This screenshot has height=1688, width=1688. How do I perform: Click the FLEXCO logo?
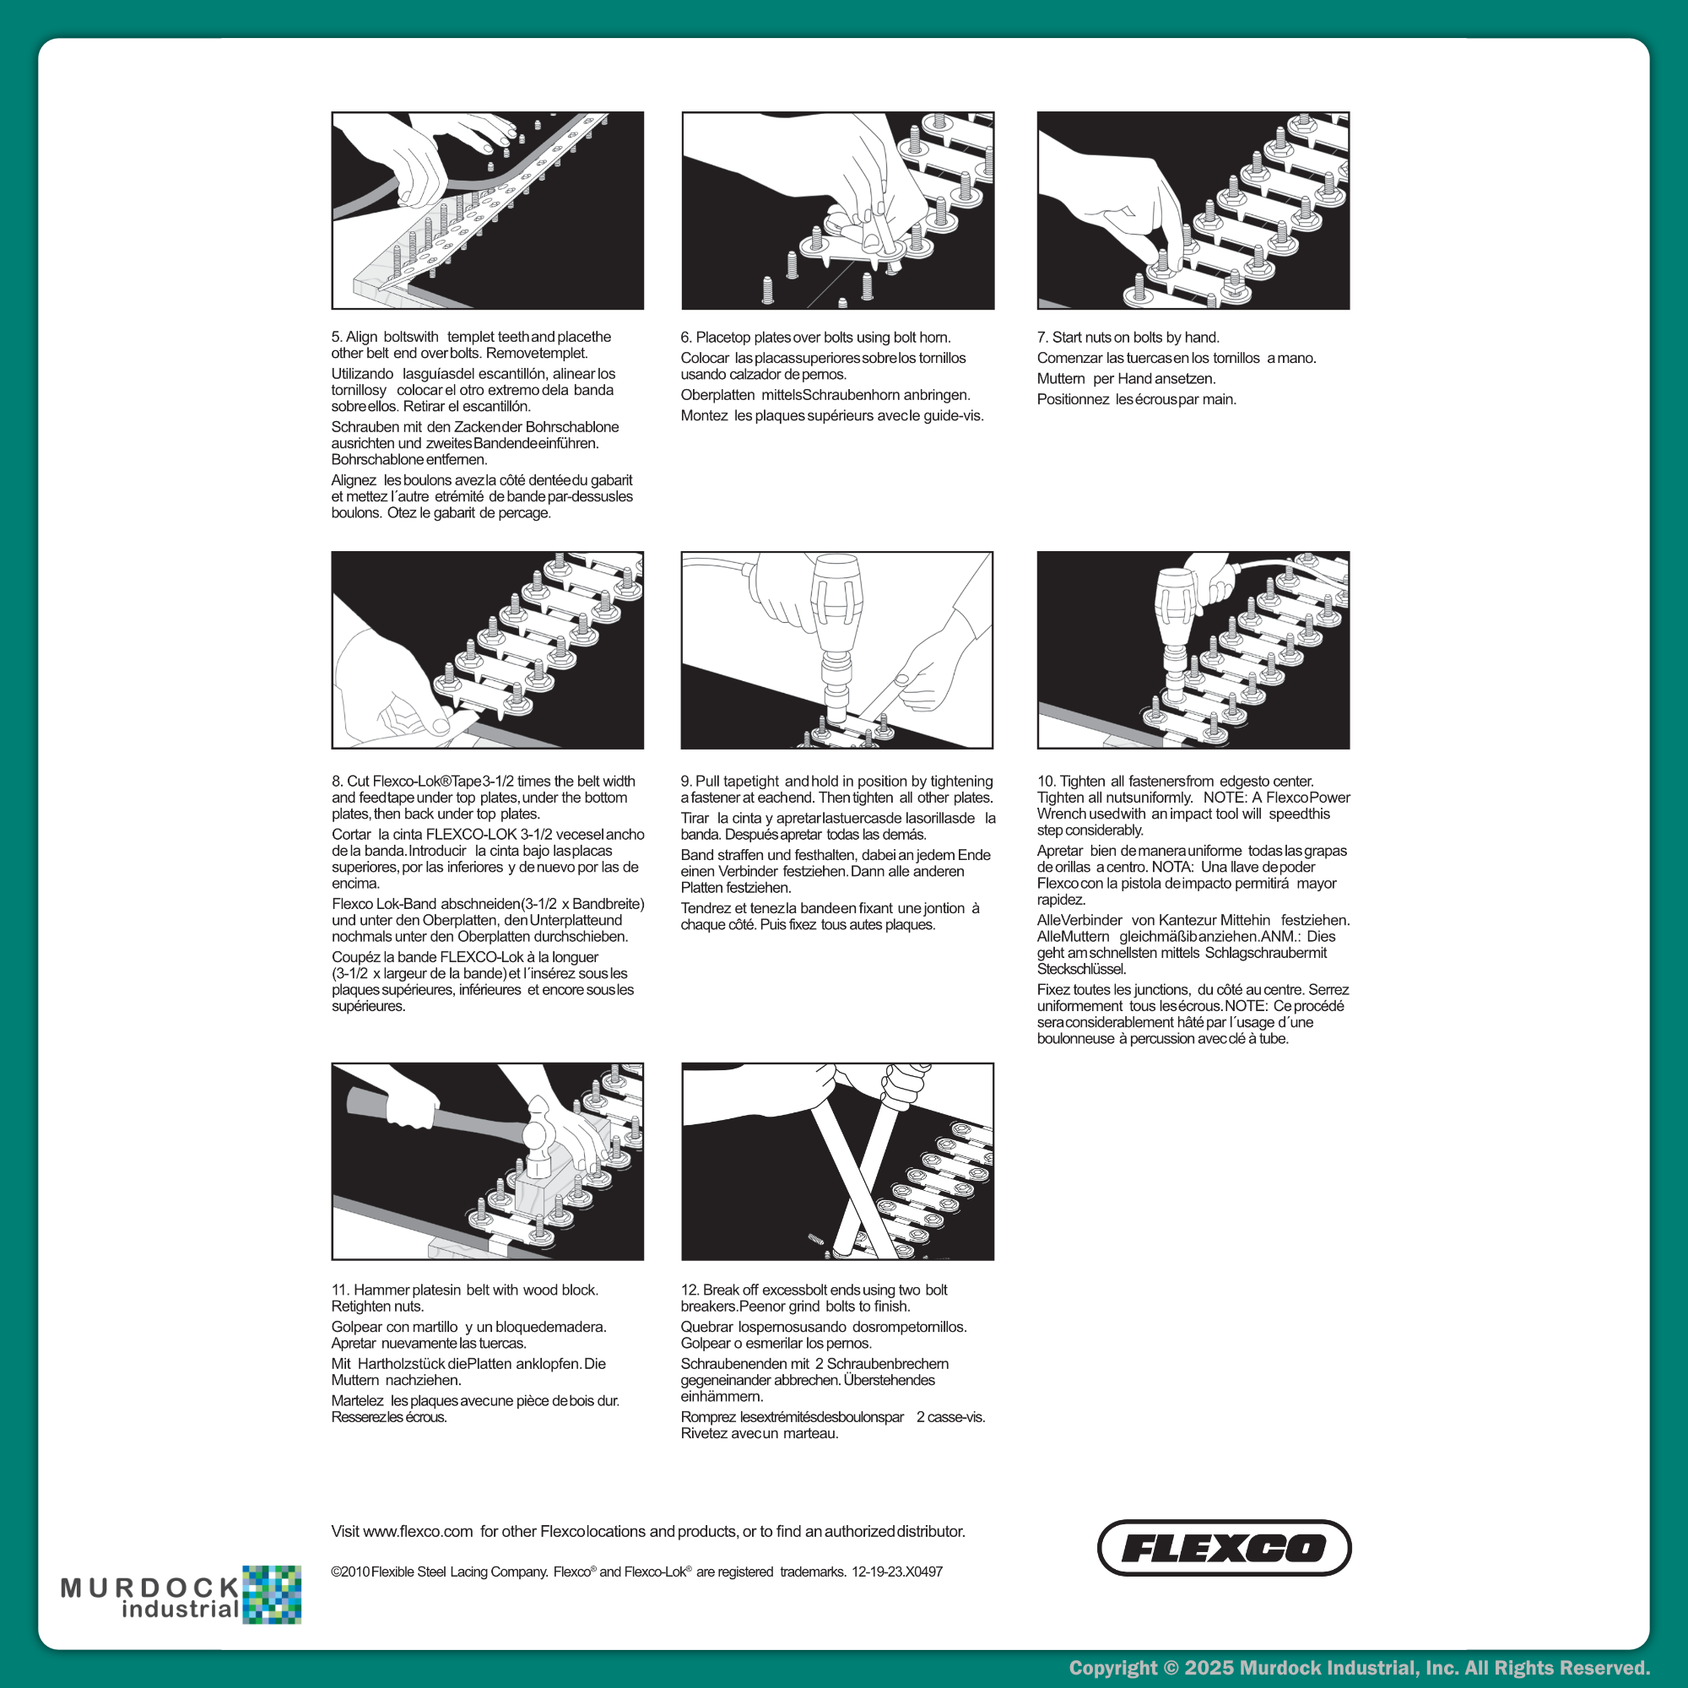[x=1223, y=1547]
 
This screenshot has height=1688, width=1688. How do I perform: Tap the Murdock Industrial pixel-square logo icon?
[x=272, y=1594]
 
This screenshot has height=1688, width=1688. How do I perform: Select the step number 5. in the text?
[x=337, y=338]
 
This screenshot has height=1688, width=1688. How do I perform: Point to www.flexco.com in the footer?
[x=418, y=1532]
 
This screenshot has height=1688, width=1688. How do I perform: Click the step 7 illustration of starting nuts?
[x=1193, y=210]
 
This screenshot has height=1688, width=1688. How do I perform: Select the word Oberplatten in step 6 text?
[x=717, y=395]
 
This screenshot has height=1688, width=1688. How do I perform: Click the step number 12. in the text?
[x=690, y=1290]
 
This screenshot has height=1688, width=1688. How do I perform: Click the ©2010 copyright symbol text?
[x=350, y=1572]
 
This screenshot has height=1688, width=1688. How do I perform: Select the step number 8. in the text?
[x=338, y=781]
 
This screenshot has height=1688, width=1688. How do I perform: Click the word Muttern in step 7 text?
[x=1061, y=378]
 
